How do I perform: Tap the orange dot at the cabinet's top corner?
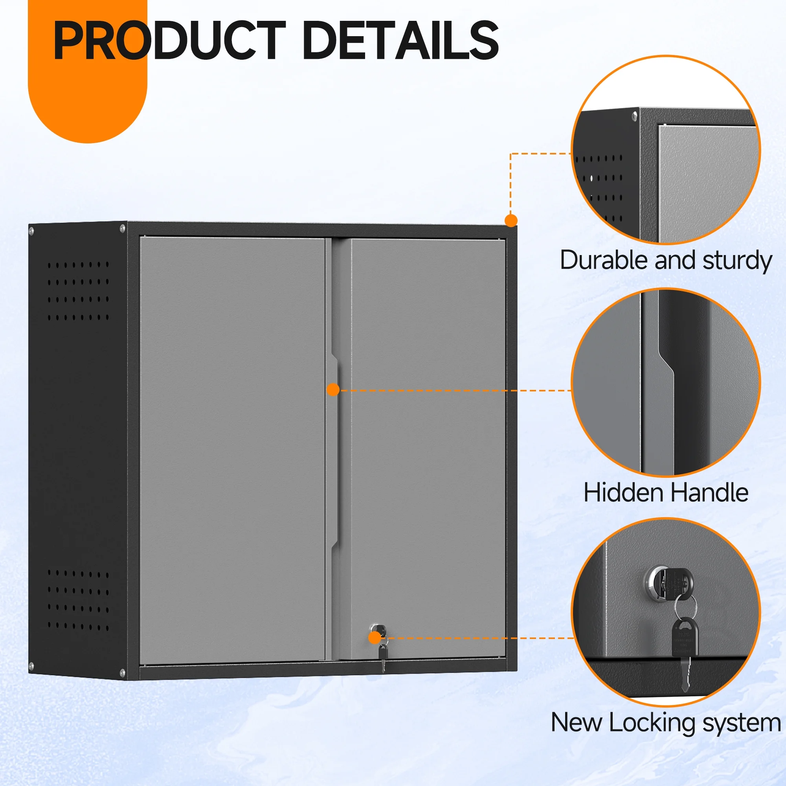511,220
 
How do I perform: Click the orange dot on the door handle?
333,390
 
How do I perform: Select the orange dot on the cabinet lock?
375,637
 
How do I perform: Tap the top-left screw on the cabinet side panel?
31,231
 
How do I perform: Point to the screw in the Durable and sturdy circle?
634,117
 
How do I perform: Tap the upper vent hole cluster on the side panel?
78,291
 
